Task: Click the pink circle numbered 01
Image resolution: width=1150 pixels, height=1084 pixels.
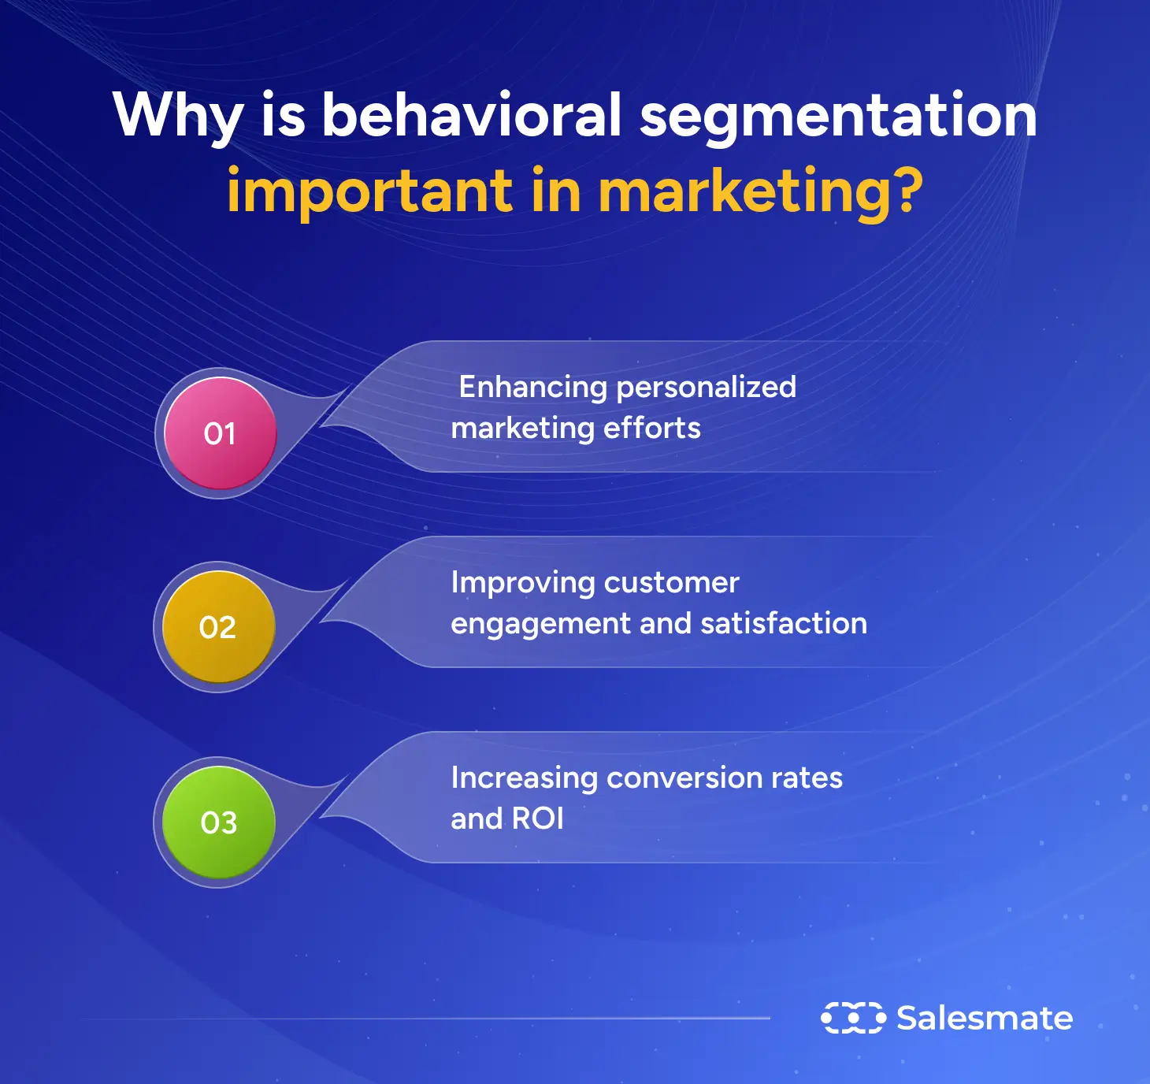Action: click(x=220, y=434)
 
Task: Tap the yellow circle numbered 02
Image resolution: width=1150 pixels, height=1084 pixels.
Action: click(x=218, y=627)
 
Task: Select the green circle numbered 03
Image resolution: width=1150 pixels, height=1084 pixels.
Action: click(x=218, y=822)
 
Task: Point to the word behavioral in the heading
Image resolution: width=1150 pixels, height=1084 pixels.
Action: click(x=473, y=115)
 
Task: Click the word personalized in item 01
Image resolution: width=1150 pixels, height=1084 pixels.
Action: click(x=707, y=388)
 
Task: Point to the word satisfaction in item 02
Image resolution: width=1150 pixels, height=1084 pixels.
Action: click(x=784, y=623)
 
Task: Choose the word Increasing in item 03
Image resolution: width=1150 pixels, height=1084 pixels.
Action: click(x=525, y=778)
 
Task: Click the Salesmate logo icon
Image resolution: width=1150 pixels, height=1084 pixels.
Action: click(x=853, y=1018)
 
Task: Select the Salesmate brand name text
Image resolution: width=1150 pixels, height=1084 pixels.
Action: click(x=985, y=1018)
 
